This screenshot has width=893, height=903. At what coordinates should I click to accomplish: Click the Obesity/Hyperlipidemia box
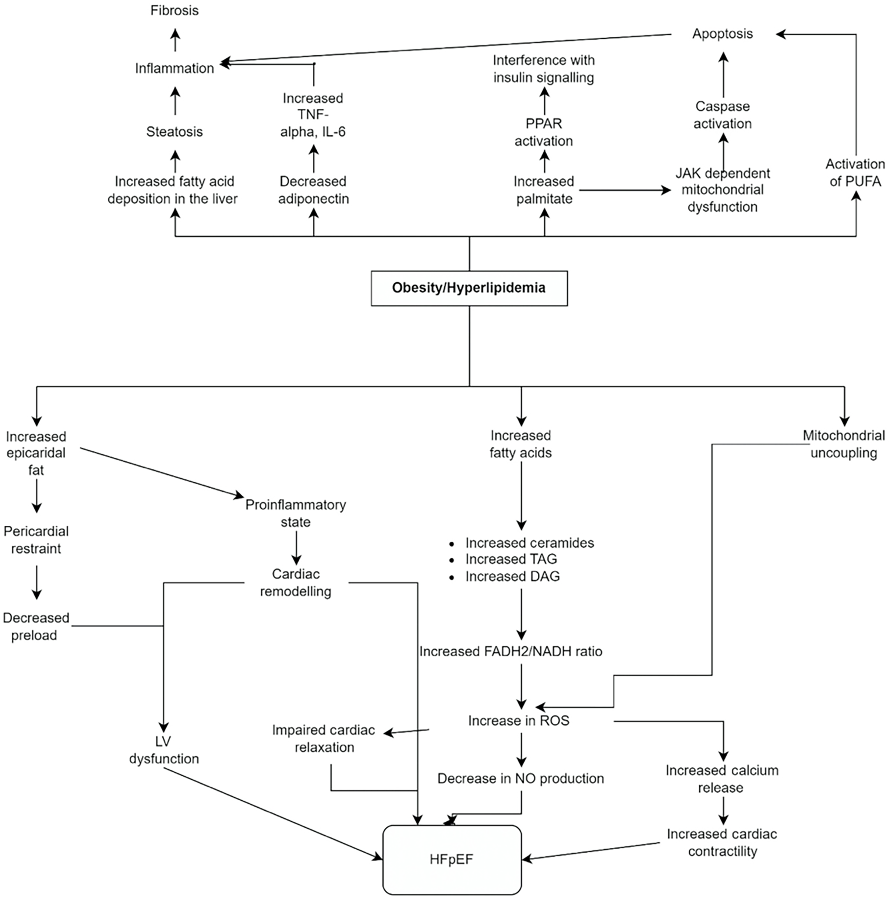pos(469,288)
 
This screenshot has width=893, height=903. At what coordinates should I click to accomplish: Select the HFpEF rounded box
pos(451,859)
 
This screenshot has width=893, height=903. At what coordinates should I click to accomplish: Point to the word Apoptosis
pos(722,34)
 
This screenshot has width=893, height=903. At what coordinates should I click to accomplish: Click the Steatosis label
pos(174,132)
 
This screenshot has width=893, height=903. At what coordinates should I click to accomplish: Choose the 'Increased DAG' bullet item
pos(512,576)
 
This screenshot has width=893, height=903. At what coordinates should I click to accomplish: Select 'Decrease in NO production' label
pos(520,778)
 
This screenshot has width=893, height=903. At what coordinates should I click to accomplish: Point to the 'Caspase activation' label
pos(722,115)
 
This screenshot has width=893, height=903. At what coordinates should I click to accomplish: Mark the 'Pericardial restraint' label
pos(36,540)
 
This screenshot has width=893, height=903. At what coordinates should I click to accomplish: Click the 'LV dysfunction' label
pos(164,750)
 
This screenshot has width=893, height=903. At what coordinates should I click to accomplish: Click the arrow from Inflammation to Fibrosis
pos(175,41)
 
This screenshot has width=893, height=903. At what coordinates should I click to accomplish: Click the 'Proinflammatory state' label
pos(295,513)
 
